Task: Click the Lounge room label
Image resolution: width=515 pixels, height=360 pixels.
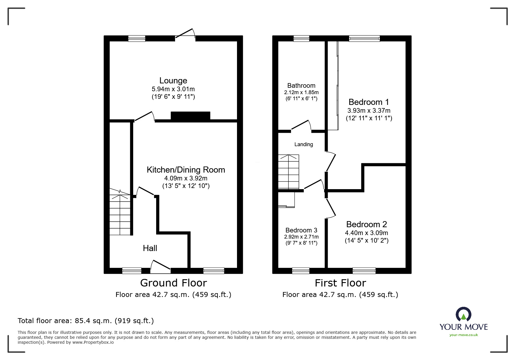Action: tap(173, 80)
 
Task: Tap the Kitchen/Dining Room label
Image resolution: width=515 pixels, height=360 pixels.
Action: tap(186, 170)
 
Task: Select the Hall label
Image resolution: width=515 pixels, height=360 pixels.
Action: tap(150, 248)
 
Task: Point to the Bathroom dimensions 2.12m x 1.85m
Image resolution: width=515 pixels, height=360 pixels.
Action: tap(301, 92)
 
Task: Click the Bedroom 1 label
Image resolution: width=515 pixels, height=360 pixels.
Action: tap(368, 102)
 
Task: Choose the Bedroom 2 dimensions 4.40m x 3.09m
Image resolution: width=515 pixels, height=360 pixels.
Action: tap(366, 233)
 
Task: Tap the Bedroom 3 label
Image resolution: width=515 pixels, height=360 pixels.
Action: tap(301, 230)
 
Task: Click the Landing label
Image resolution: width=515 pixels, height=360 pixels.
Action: tap(304, 144)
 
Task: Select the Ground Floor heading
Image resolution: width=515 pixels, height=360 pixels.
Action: tap(173, 283)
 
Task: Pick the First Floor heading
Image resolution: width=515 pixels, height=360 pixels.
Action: tap(340, 283)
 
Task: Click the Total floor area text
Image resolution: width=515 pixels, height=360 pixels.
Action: tap(86, 321)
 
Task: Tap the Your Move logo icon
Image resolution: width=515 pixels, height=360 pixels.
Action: tap(463, 314)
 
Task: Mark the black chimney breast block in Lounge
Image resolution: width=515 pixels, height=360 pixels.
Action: tap(190, 116)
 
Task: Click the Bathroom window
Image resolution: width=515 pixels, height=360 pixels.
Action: tap(301, 38)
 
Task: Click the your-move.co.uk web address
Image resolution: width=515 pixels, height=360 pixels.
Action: tap(464, 335)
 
